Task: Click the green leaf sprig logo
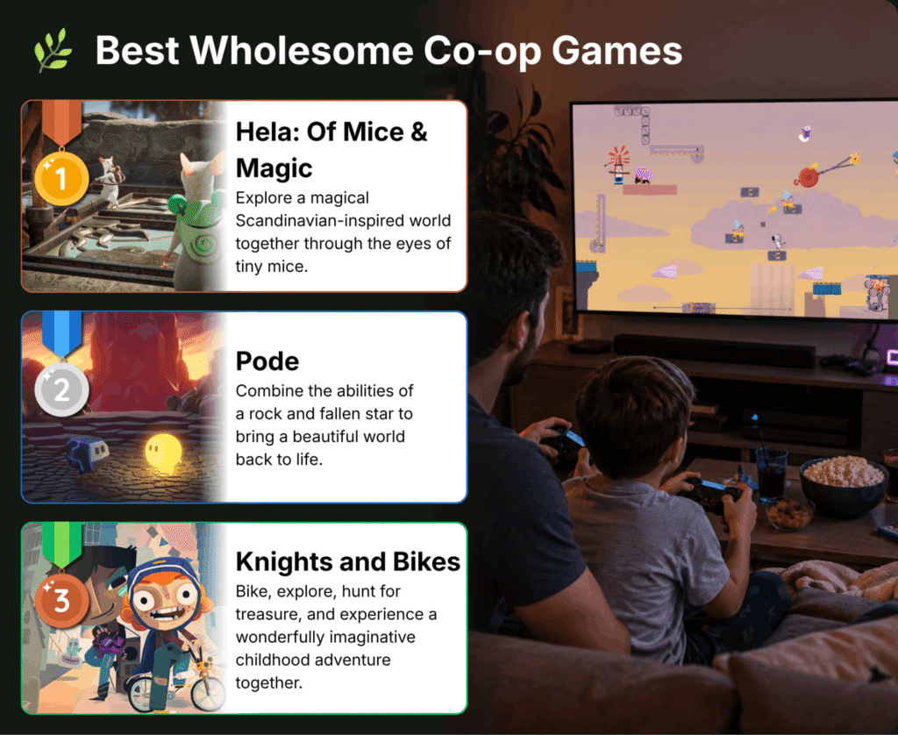53,50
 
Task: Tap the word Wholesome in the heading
302,50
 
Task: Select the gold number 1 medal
61,178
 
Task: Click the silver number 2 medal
61,389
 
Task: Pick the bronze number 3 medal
61,601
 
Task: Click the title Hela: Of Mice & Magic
331,150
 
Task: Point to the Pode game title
267,361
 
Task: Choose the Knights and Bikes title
347,562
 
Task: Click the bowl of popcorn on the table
843,484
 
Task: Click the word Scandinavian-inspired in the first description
343,220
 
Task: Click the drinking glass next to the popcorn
771,474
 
